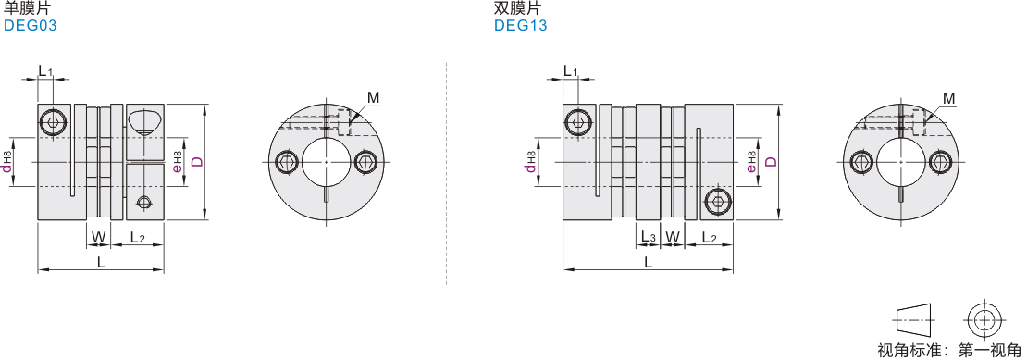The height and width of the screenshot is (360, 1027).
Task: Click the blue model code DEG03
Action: point(31,26)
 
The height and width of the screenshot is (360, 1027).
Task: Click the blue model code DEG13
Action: point(521,26)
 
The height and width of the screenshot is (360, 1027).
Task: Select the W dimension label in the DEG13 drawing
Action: point(672,236)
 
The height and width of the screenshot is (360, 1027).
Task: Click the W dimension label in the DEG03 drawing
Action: point(98,236)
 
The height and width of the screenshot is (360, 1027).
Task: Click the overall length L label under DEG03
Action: point(101,262)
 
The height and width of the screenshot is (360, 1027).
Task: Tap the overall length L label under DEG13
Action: point(648,262)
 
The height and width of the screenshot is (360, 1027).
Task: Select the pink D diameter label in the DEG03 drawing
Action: point(196,161)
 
